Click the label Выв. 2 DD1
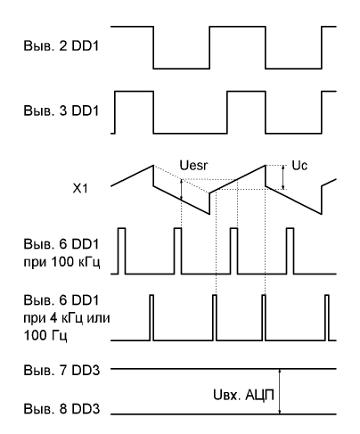(61, 46)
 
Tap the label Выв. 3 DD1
(61, 111)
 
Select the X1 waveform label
(80, 188)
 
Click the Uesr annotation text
(193, 166)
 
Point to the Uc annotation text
(299, 166)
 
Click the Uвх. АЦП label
(243, 395)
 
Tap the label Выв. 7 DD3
(61, 371)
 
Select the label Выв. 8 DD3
(61, 409)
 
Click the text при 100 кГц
(61, 262)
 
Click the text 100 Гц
(45, 335)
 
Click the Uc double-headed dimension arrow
(283, 177)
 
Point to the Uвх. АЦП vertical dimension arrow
(279, 391)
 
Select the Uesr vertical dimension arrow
(181, 189)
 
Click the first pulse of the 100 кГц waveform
(122, 251)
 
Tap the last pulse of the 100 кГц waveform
(290, 251)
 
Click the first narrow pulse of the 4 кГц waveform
(151, 317)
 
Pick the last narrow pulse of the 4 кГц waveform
(327, 317)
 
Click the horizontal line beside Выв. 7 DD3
(224, 369)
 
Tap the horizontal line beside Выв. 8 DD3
(224, 414)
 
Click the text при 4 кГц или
(67, 318)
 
